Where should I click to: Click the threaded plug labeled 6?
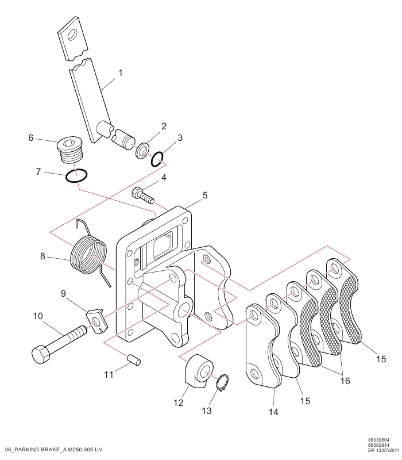(x=70, y=151)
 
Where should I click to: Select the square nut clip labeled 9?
(x=96, y=321)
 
